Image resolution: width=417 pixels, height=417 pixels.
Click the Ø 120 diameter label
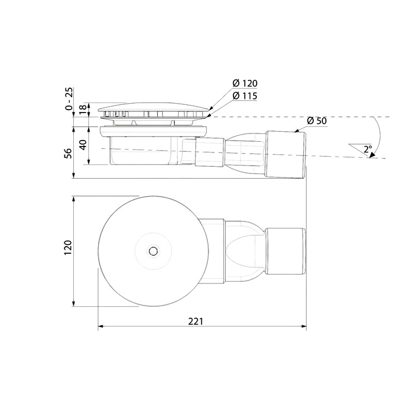[245, 83]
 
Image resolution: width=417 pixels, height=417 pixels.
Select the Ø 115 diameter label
[245, 96]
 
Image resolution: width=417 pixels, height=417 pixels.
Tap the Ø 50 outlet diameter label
[316, 121]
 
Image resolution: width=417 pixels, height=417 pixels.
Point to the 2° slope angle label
[368, 149]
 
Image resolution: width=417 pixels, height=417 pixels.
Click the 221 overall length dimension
[195, 322]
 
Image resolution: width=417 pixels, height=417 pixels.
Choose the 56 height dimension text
[68, 154]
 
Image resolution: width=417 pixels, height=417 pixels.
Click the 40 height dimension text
[83, 145]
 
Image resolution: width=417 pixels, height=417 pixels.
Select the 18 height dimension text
[83, 108]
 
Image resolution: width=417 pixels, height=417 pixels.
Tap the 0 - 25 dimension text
[69, 99]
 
